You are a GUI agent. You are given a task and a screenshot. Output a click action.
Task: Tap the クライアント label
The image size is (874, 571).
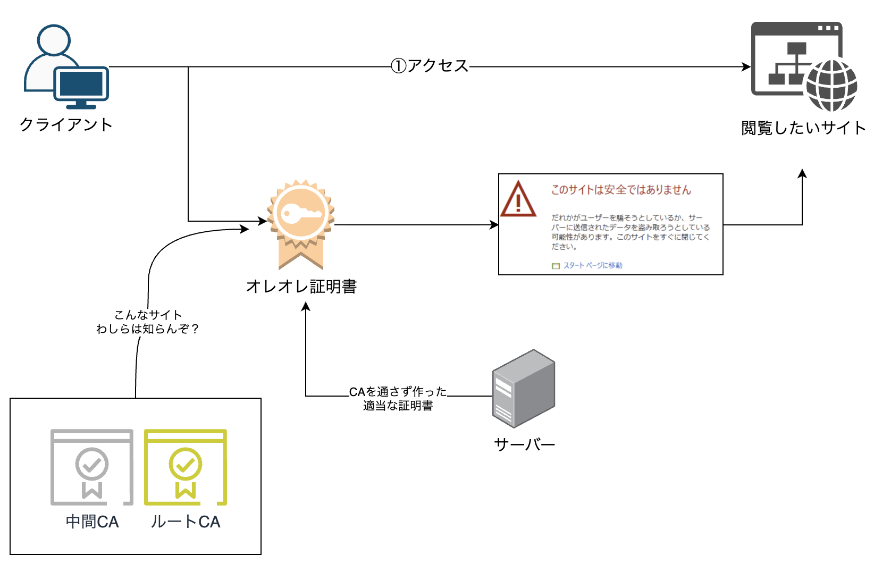pyautogui.click(x=66, y=124)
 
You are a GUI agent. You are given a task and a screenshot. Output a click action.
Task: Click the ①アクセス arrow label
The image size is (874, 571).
pyautogui.click(x=430, y=66)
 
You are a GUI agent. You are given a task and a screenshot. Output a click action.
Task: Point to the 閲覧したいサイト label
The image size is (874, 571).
pyautogui.click(x=803, y=128)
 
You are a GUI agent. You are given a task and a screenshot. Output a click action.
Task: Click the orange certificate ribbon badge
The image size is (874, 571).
pyautogui.click(x=301, y=223)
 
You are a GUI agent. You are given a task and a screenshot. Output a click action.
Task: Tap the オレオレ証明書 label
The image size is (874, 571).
pyautogui.click(x=301, y=287)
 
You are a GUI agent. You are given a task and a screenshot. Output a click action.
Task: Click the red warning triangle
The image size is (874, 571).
pyautogui.click(x=518, y=199)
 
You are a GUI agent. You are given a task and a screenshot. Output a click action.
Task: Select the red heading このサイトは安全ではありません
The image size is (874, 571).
pyautogui.click(x=621, y=190)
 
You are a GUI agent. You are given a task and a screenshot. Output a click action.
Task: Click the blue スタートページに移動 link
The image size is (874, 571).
pyautogui.click(x=592, y=265)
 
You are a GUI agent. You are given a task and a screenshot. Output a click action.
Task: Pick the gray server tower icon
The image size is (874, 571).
pyautogui.click(x=523, y=389)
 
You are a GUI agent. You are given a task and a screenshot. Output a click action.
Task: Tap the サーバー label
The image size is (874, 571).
pyautogui.click(x=524, y=444)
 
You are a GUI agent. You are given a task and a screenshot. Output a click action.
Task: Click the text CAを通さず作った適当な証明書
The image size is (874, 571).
pyautogui.click(x=398, y=399)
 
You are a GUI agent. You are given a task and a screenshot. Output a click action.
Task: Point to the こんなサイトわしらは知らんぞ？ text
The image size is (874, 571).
pyautogui.click(x=147, y=322)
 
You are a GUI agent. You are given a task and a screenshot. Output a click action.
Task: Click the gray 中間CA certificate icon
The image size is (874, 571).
pyautogui.click(x=91, y=467)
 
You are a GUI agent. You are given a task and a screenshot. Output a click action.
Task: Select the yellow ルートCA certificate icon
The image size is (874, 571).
pyautogui.click(x=186, y=467)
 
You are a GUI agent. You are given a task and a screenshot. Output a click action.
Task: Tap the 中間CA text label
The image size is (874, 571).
pyautogui.click(x=92, y=522)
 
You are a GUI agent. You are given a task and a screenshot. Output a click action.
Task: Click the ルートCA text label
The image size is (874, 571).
pyautogui.click(x=186, y=522)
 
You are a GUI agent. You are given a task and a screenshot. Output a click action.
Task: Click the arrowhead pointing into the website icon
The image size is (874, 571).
pyautogui.click(x=746, y=67)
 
